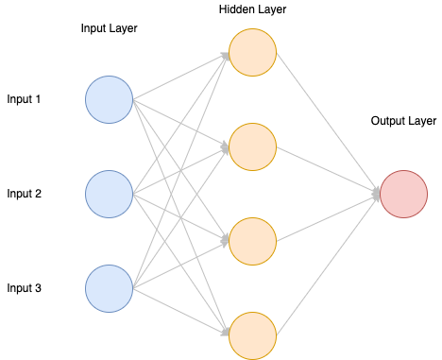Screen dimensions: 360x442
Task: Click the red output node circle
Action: click(x=404, y=194)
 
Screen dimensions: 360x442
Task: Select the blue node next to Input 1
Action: click(x=110, y=99)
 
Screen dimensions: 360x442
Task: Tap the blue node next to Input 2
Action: click(x=110, y=194)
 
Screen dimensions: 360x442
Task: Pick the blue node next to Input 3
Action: click(x=110, y=288)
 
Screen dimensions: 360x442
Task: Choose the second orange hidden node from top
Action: click(x=252, y=146)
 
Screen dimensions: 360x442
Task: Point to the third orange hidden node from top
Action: click(x=252, y=241)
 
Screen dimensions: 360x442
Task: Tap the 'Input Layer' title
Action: click(x=110, y=28)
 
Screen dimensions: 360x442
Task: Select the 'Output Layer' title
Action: click(x=403, y=121)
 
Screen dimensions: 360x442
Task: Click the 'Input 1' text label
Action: click(x=24, y=99)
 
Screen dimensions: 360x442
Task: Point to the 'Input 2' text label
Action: click(x=24, y=194)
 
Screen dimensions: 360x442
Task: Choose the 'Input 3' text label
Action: click(x=24, y=288)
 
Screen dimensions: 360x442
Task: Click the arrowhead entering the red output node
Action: click(x=376, y=194)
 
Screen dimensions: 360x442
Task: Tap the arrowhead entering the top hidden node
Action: click(x=225, y=54)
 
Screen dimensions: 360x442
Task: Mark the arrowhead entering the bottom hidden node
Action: click(x=225, y=333)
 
